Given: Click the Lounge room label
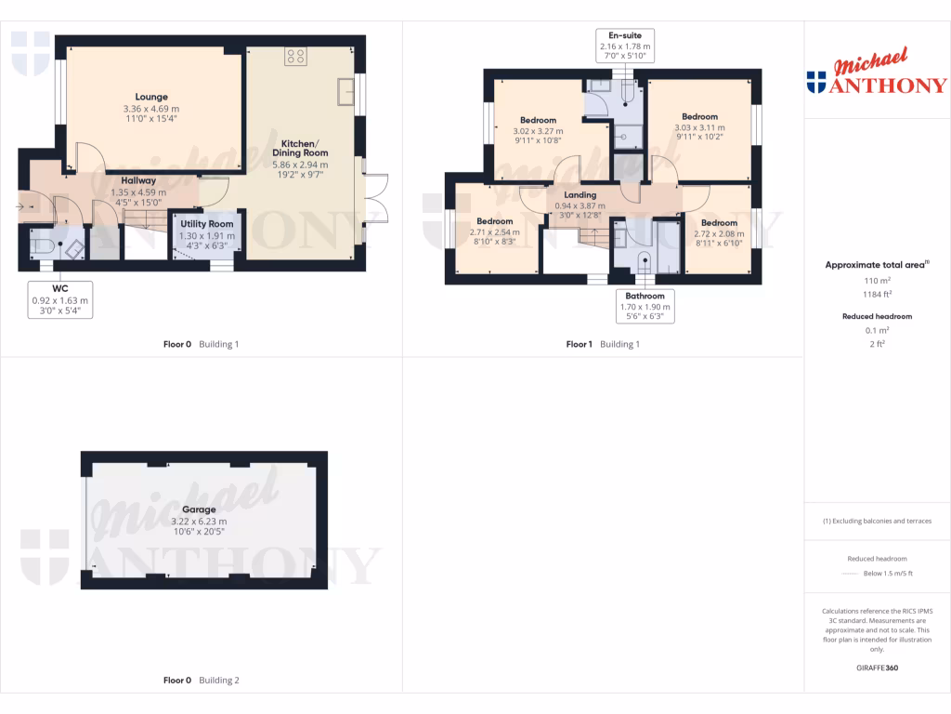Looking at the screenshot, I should pos(151,97).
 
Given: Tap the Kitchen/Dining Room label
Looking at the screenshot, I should pos(299,148).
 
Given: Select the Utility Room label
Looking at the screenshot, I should pos(206,225).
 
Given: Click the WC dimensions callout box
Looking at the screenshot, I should pos(59,300).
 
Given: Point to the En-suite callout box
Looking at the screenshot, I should pos(624,46).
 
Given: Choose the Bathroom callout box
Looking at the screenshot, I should pos(645,306).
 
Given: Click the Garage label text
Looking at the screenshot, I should pos(199,509).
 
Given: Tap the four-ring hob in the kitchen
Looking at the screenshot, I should pos(296,56).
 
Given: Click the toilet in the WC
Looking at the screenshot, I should pos(42,245).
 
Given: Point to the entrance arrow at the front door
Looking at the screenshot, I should pos(20,206).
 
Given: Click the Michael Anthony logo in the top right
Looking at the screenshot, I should pos(877,73).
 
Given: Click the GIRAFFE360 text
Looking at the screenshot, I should pos(877,668).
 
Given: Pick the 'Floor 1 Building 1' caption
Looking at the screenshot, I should pos(603,344).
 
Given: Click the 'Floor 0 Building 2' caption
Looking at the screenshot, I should pos(201,681).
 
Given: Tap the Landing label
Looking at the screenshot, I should pos(580,194).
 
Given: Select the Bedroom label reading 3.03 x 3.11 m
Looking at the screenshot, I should pos(699,117).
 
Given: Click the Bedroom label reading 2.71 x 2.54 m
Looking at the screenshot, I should pos(495,221).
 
